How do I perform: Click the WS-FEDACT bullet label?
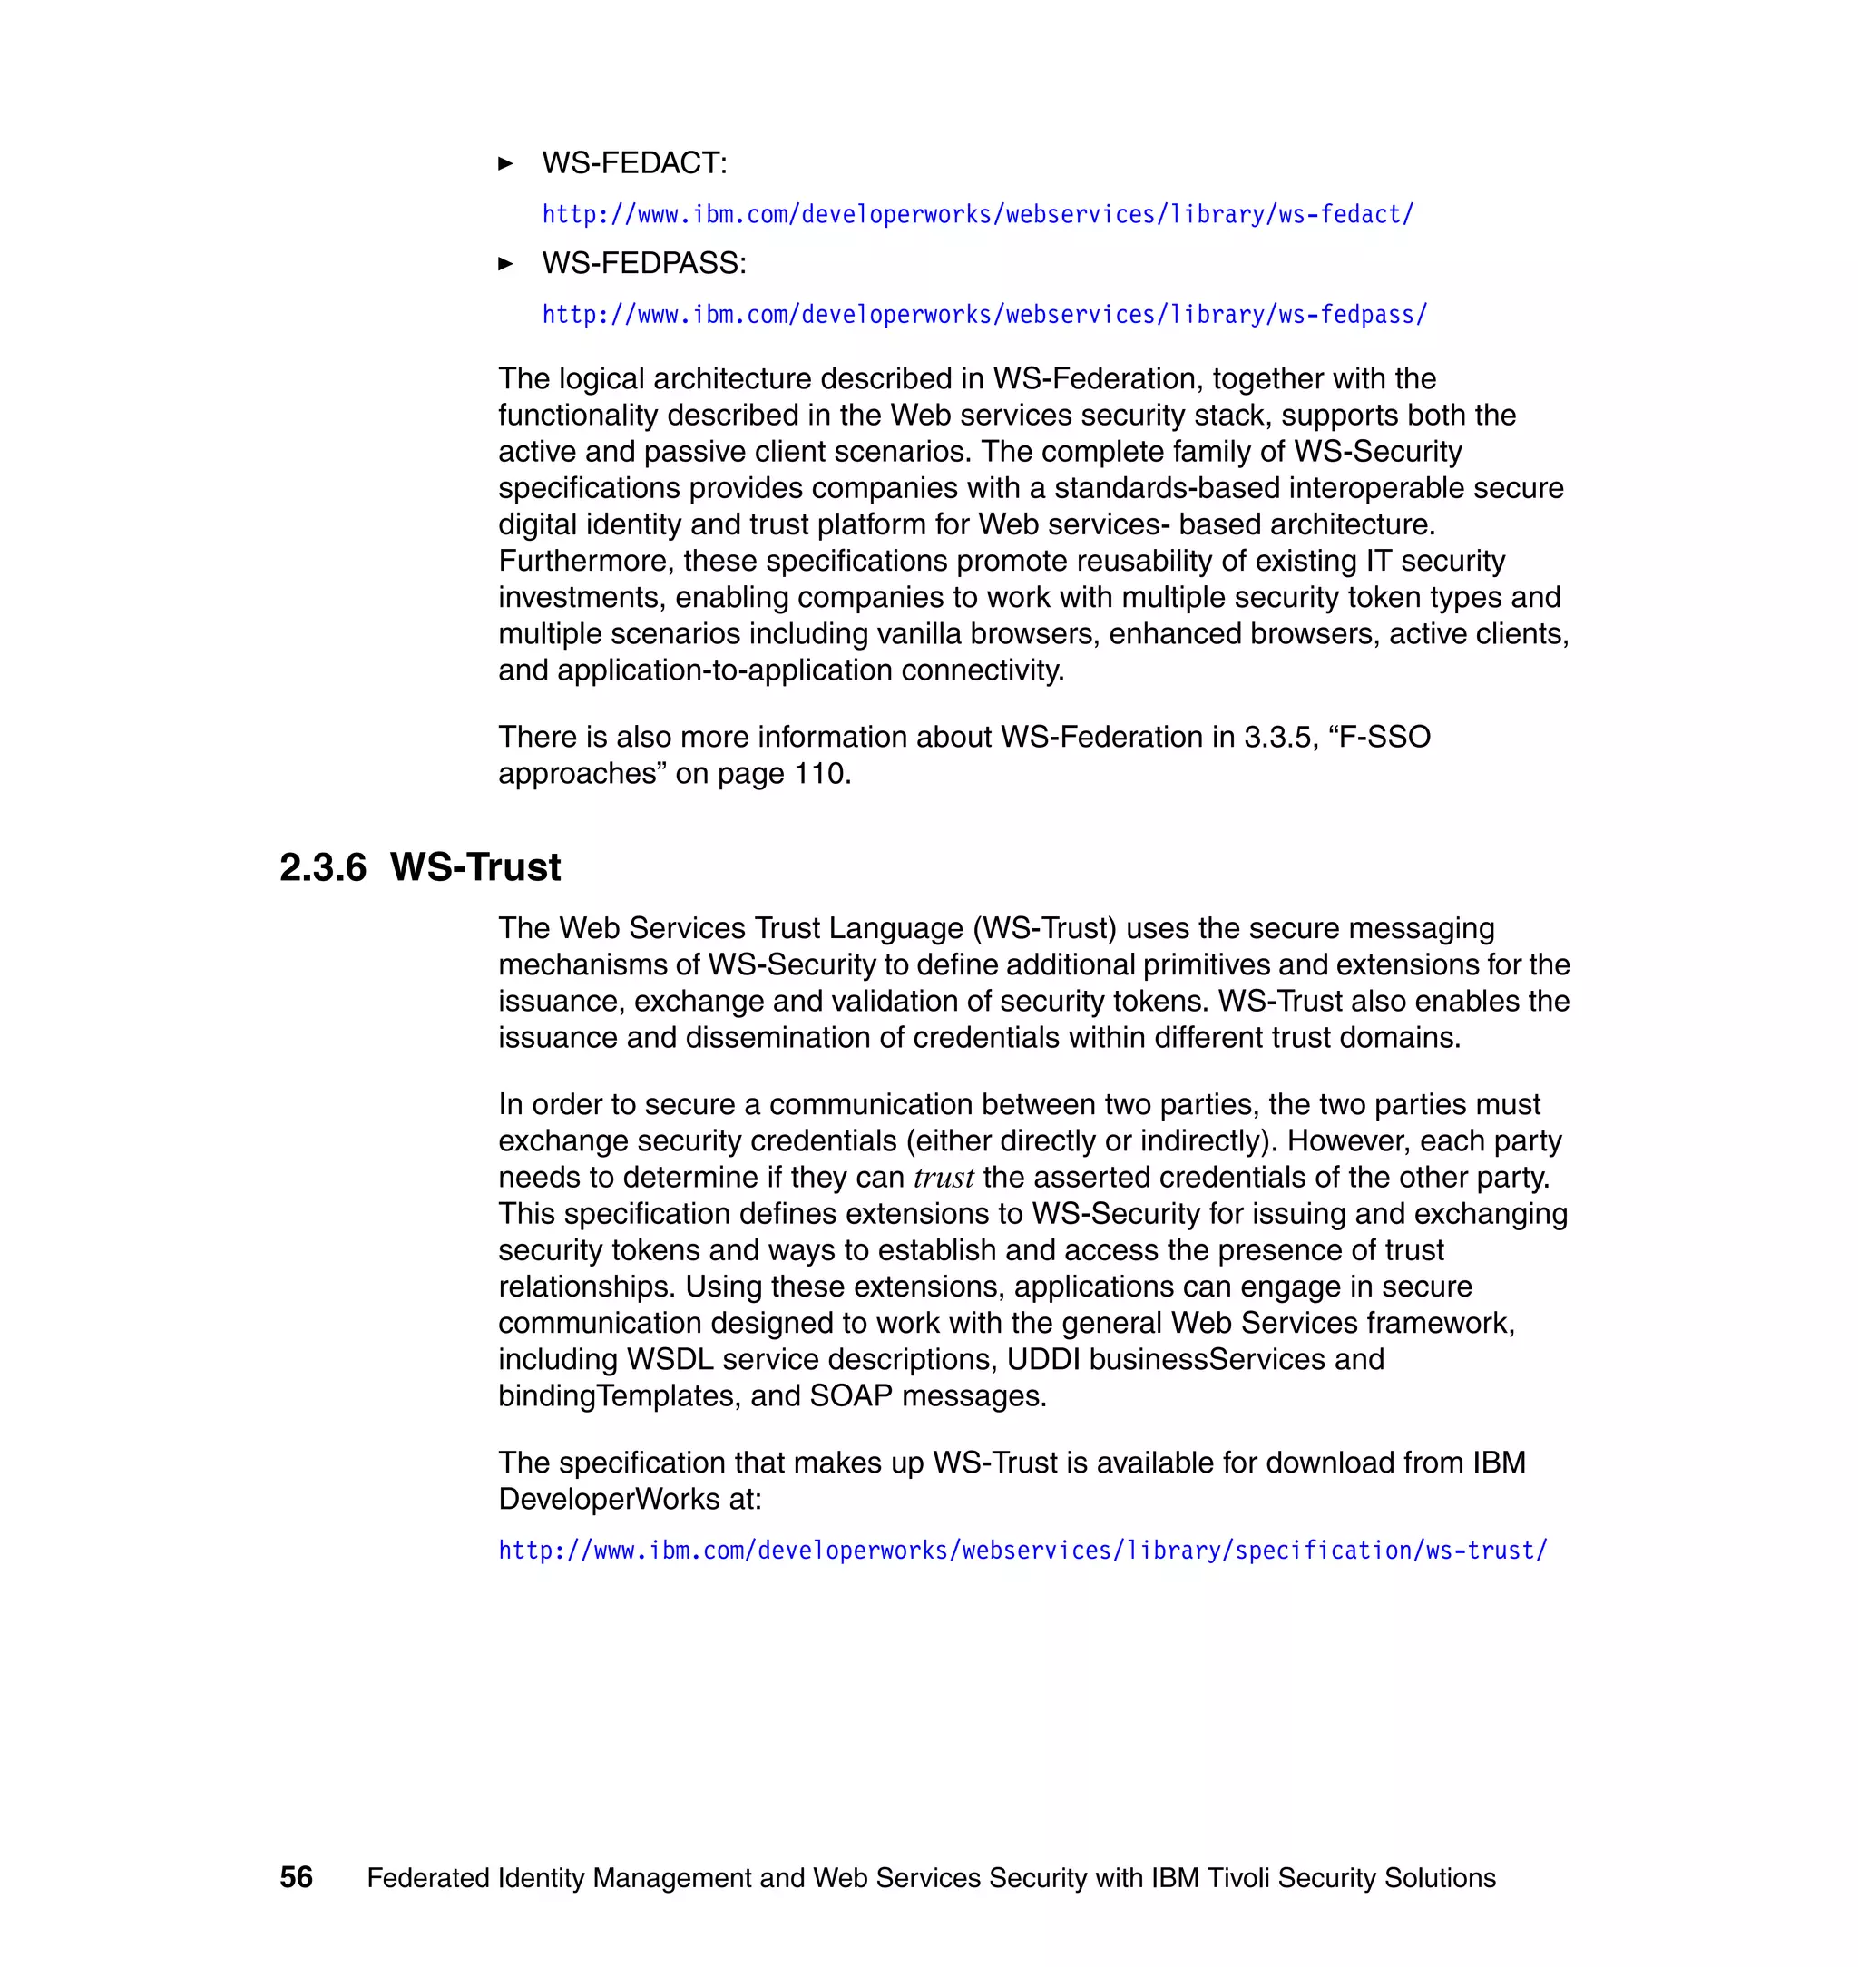(634, 163)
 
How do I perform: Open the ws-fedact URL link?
(977, 215)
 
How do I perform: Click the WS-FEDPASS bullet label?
(644, 263)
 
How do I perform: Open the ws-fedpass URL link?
(984, 315)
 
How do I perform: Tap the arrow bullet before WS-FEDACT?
(505, 163)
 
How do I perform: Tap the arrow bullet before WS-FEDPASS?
(505, 263)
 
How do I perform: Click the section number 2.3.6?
(323, 867)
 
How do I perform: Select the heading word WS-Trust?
(475, 867)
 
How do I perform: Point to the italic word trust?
(943, 1178)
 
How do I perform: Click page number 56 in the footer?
(296, 1878)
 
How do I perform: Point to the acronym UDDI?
(1043, 1360)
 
